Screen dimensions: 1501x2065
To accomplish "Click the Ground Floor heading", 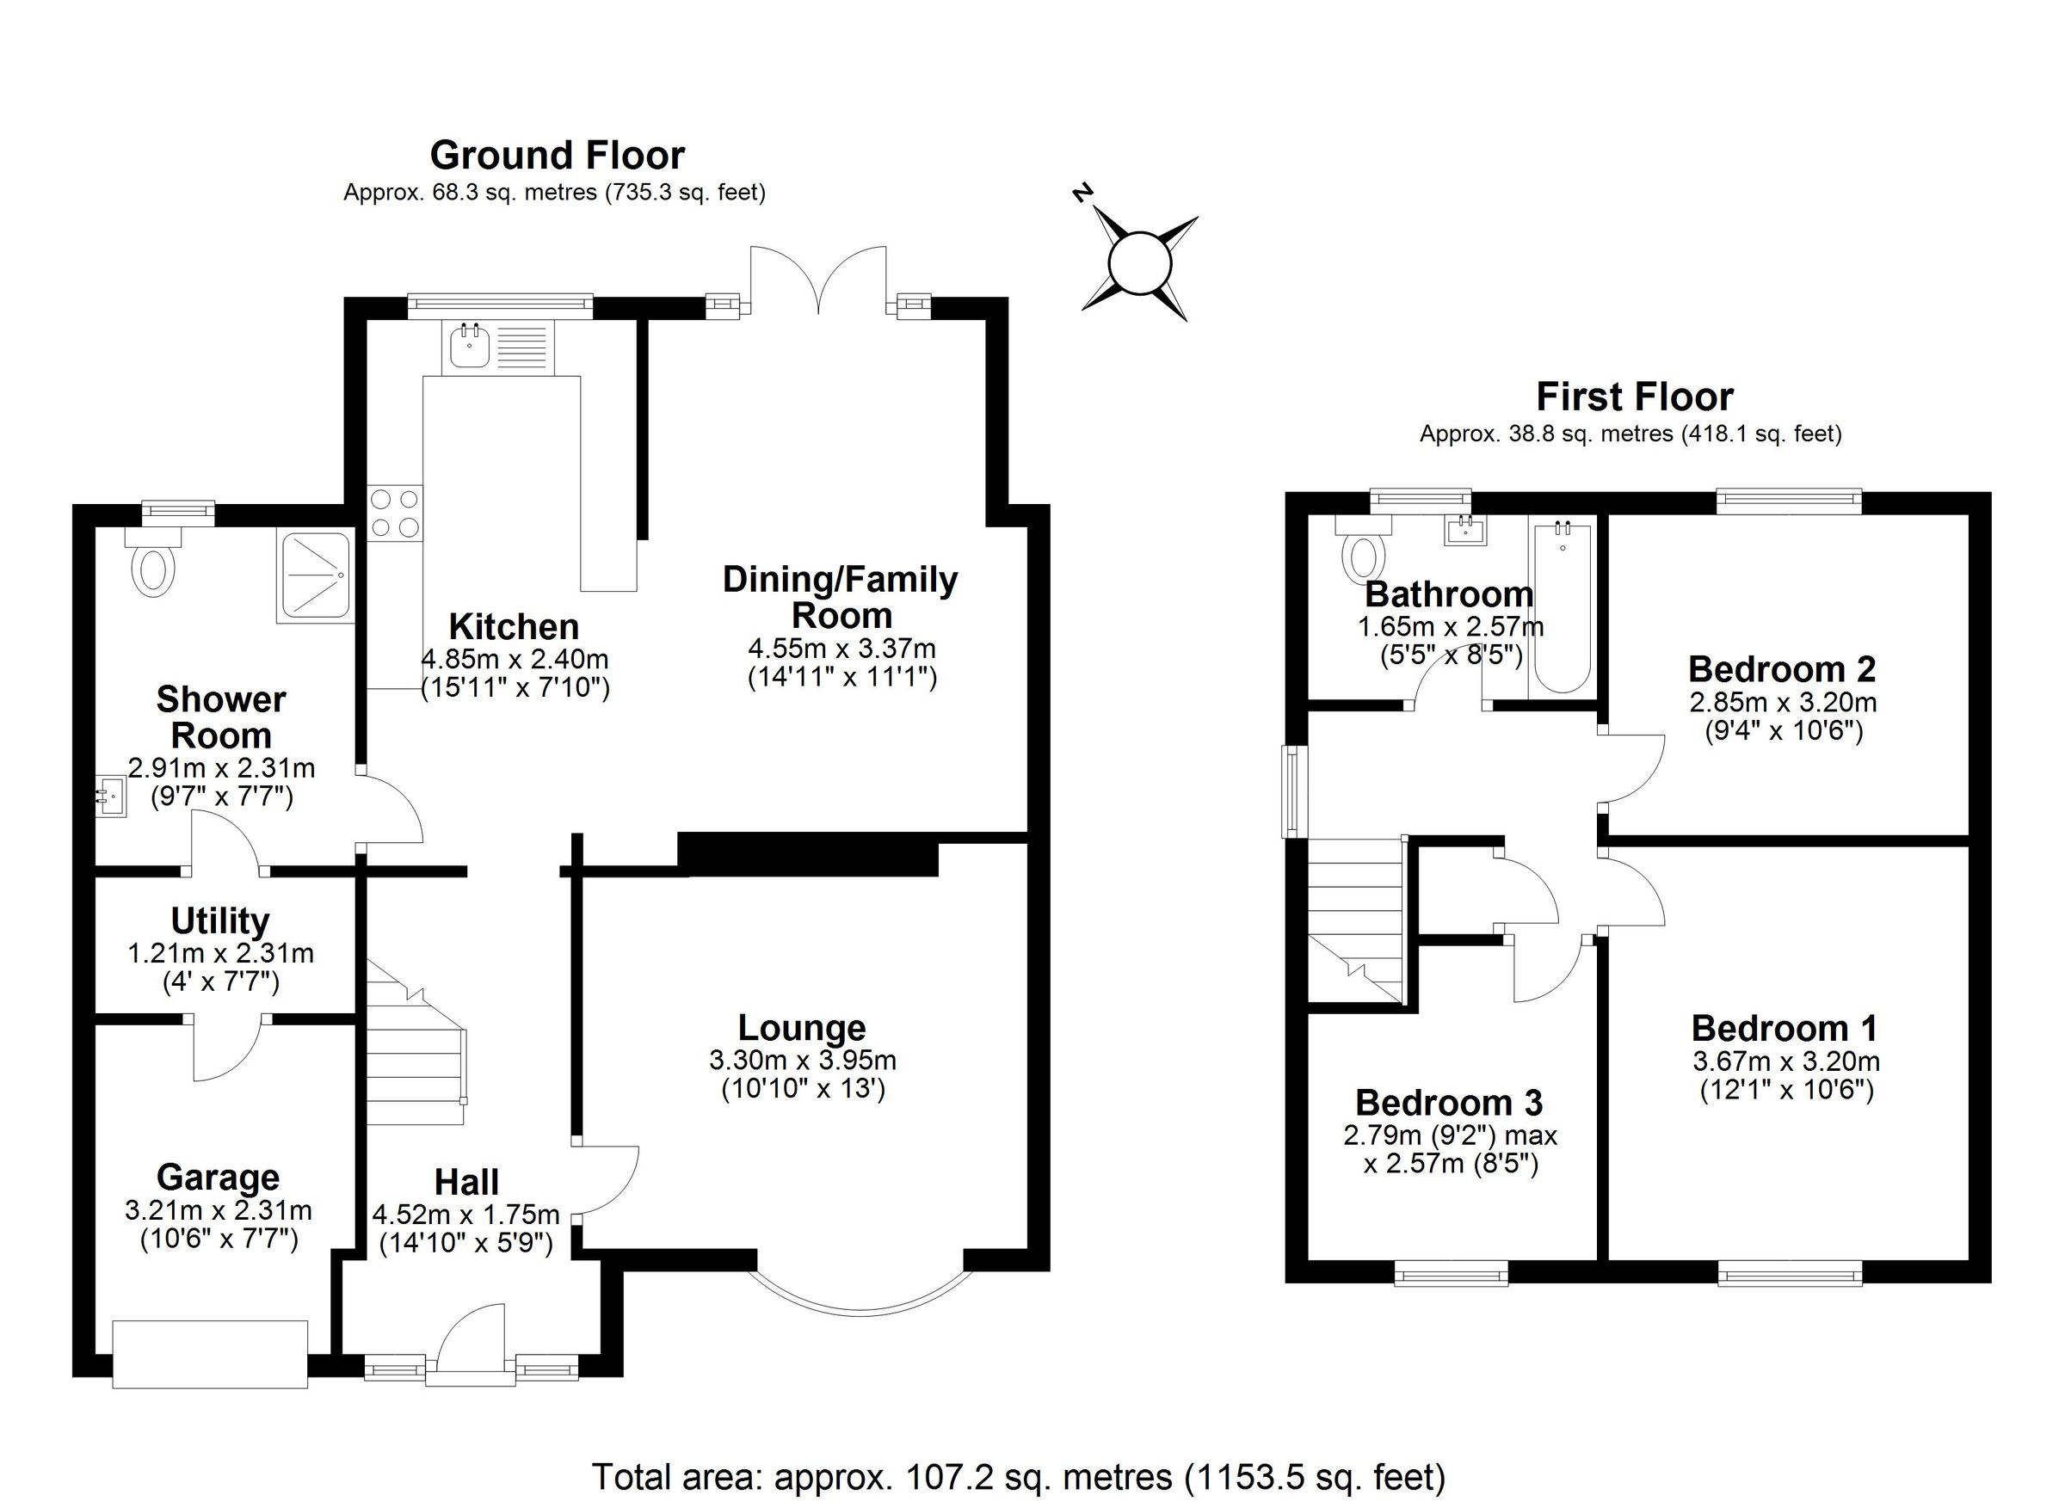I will tap(557, 156).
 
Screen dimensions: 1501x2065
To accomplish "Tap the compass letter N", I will tap(1082, 193).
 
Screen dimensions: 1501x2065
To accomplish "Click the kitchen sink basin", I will tap(470, 346).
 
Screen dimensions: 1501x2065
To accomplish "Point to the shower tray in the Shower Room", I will tap(315, 577).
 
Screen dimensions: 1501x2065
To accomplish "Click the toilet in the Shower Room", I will tap(155, 566).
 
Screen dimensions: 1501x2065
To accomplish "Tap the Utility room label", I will tap(219, 921).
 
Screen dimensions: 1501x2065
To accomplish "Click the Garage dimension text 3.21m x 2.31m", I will tap(219, 1210).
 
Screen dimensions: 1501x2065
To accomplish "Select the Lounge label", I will tap(801, 1028).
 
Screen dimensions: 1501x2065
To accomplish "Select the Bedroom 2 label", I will tap(1781, 669).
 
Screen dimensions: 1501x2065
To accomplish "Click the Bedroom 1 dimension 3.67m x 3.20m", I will tap(1785, 1061).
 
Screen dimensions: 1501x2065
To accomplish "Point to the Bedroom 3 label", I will tap(1449, 1103).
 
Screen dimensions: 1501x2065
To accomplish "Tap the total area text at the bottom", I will tap(1018, 1476).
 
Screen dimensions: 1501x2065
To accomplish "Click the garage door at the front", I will tap(210, 1354).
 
